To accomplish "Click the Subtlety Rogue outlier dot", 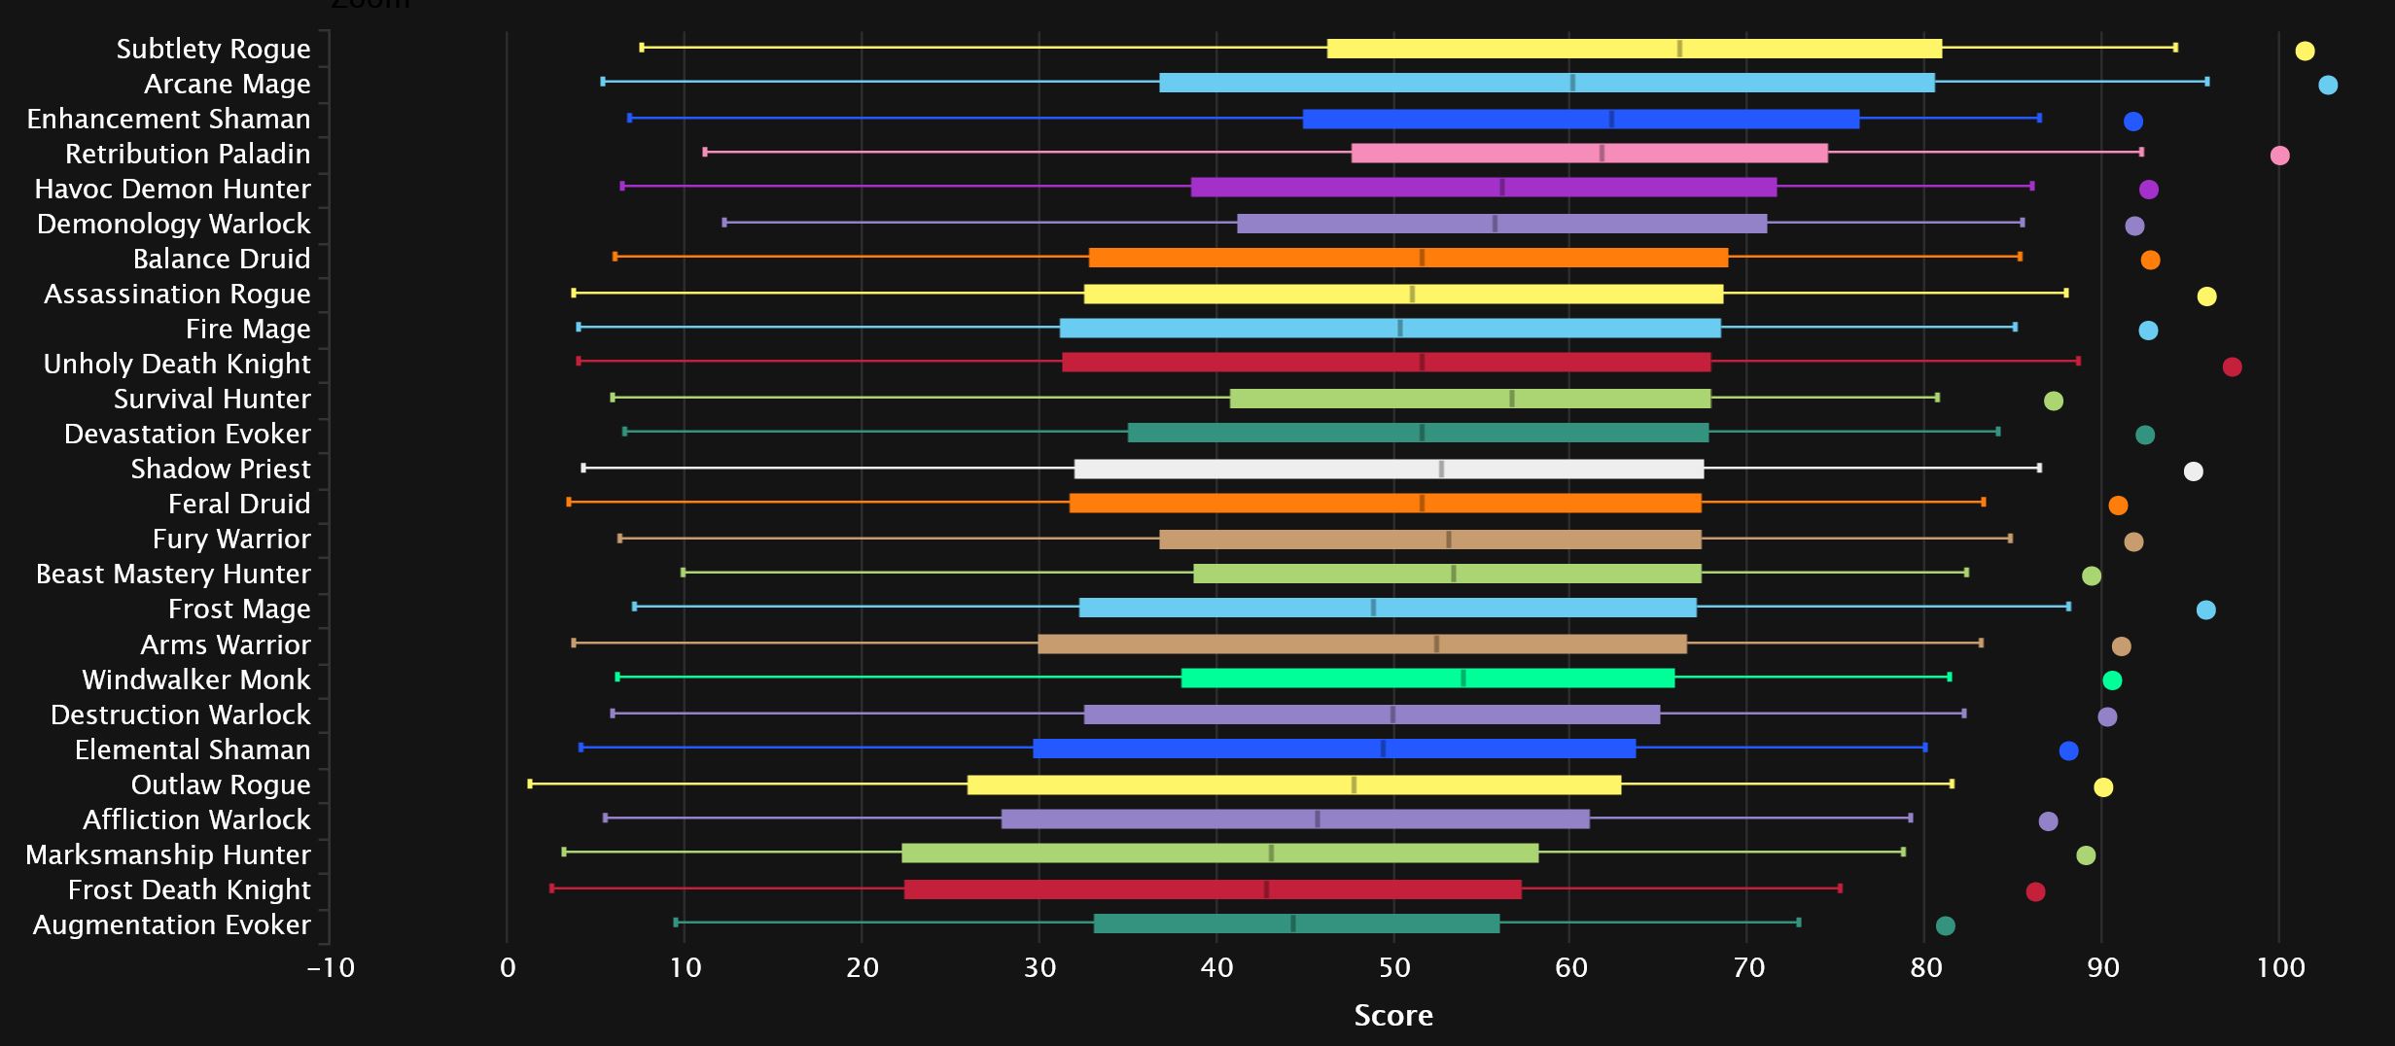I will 2304,51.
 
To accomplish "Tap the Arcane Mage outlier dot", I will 2327,85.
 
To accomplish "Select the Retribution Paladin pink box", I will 1589,154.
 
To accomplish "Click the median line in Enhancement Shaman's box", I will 1611,120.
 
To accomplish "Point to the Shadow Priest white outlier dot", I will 2193,471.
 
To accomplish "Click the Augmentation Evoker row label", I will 172,924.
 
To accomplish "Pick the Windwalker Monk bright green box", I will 1426,679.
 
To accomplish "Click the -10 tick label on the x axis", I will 331,968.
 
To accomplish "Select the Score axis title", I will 1392,1016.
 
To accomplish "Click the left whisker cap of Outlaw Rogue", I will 530,784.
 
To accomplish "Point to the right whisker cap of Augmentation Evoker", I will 1798,922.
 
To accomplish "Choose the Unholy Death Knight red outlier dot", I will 2232,366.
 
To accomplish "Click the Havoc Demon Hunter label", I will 173,189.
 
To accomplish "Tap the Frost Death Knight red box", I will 1212,889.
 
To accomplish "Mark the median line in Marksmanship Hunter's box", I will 1271,854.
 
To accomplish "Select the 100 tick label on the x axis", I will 2279,968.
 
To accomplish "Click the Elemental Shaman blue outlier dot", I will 2068,750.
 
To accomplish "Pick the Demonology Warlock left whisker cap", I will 724,223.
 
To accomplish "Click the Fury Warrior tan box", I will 1429,540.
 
